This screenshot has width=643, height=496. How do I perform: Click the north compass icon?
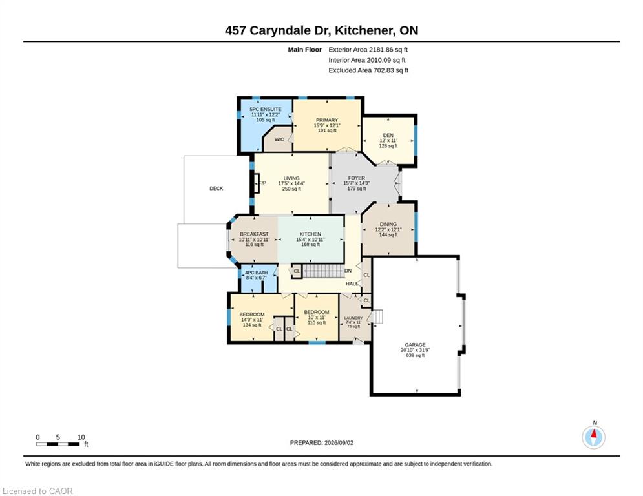pyautogui.click(x=593, y=437)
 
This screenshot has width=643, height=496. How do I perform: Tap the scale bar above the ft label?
pyautogui.click(x=58, y=444)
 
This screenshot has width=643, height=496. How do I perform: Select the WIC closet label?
pyautogui.click(x=279, y=139)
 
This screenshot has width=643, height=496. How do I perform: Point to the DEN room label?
pyautogui.click(x=388, y=135)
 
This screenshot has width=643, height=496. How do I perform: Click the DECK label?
pyautogui.click(x=216, y=189)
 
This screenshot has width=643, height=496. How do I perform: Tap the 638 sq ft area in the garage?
pyautogui.click(x=416, y=355)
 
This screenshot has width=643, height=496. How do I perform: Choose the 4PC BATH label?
pyautogui.click(x=257, y=273)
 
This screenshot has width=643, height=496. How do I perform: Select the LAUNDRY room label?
pyautogui.click(x=353, y=318)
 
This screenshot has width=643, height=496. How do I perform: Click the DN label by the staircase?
pyautogui.click(x=348, y=271)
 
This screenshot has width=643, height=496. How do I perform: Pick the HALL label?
pyautogui.click(x=352, y=284)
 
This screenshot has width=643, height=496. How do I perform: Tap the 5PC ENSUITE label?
pyautogui.click(x=266, y=109)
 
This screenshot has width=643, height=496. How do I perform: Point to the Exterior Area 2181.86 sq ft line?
pyautogui.click(x=368, y=50)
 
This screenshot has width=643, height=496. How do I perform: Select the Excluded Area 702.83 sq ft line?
pyautogui.click(x=368, y=70)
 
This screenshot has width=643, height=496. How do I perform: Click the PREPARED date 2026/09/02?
pyautogui.click(x=339, y=442)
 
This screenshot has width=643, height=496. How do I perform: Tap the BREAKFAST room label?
pyautogui.click(x=254, y=234)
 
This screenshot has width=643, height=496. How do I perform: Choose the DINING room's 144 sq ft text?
pyautogui.click(x=388, y=235)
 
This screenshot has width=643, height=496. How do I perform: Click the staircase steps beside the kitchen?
pyautogui.click(x=322, y=271)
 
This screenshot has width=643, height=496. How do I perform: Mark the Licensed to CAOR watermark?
pyautogui.click(x=37, y=491)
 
